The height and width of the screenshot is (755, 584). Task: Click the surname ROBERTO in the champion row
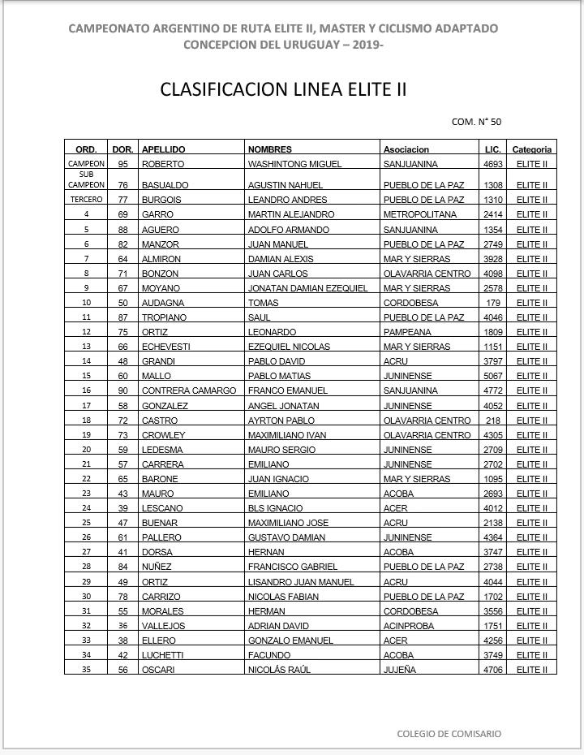tap(162, 164)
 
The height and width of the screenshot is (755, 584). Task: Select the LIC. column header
tap(492, 149)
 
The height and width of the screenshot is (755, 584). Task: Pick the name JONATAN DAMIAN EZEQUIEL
tap(307, 288)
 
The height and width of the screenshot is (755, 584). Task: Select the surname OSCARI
tap(158, 670)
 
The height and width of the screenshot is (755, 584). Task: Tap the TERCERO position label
tap(86, 200)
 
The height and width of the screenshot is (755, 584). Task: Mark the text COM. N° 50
tap(476, 122)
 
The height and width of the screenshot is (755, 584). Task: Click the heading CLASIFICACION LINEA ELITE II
tap(283, 88)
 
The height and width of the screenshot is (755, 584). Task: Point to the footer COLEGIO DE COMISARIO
tap(449, 734)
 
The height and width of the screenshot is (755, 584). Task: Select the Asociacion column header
tap(406, 149)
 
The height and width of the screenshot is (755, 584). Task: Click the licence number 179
tap(493, 303)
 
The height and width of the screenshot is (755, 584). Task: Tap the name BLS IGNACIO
tap(275, 508)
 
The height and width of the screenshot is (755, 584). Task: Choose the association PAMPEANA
tap(407, 332)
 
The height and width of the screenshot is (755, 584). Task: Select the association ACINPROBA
tap(408, 626)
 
